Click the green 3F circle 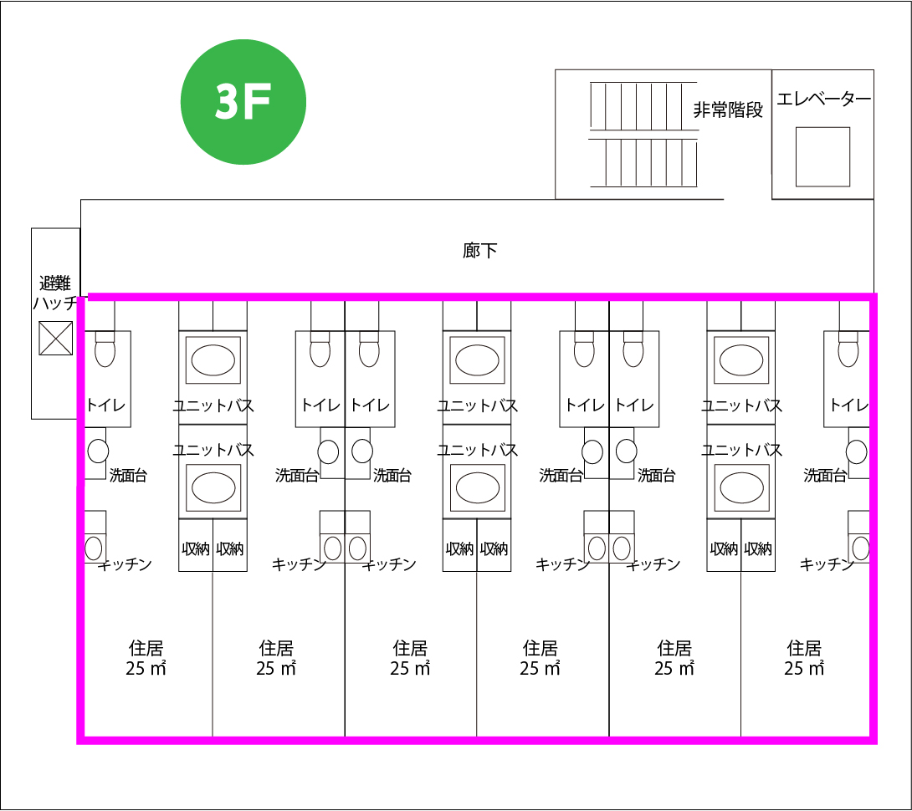click(x=243, y=101)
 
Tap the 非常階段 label click(x=728, y=110)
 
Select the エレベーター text click(x=823, y=99)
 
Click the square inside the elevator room click(x=822, y=156)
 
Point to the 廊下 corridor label click(x=479, y=250)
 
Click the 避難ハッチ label click(x=55, y=293)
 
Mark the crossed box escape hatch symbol click(x=56, y=338)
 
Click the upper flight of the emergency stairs click(x=643, y=105)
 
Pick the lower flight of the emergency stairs click(x=643, y=162)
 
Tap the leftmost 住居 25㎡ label click(x=146, y=658)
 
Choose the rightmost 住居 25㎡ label click(x=804, y=658)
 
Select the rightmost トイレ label click(x=848, y=405)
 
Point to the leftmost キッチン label click(x=126, y=564)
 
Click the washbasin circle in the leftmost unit click(x=98, y=451)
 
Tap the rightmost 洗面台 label click(x=824, y=476)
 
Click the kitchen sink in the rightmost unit click(x=860, y=548)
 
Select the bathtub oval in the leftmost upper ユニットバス click(x=213, y=360)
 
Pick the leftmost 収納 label click(x=196, y=549)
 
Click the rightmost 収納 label click(x=758, y=549)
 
